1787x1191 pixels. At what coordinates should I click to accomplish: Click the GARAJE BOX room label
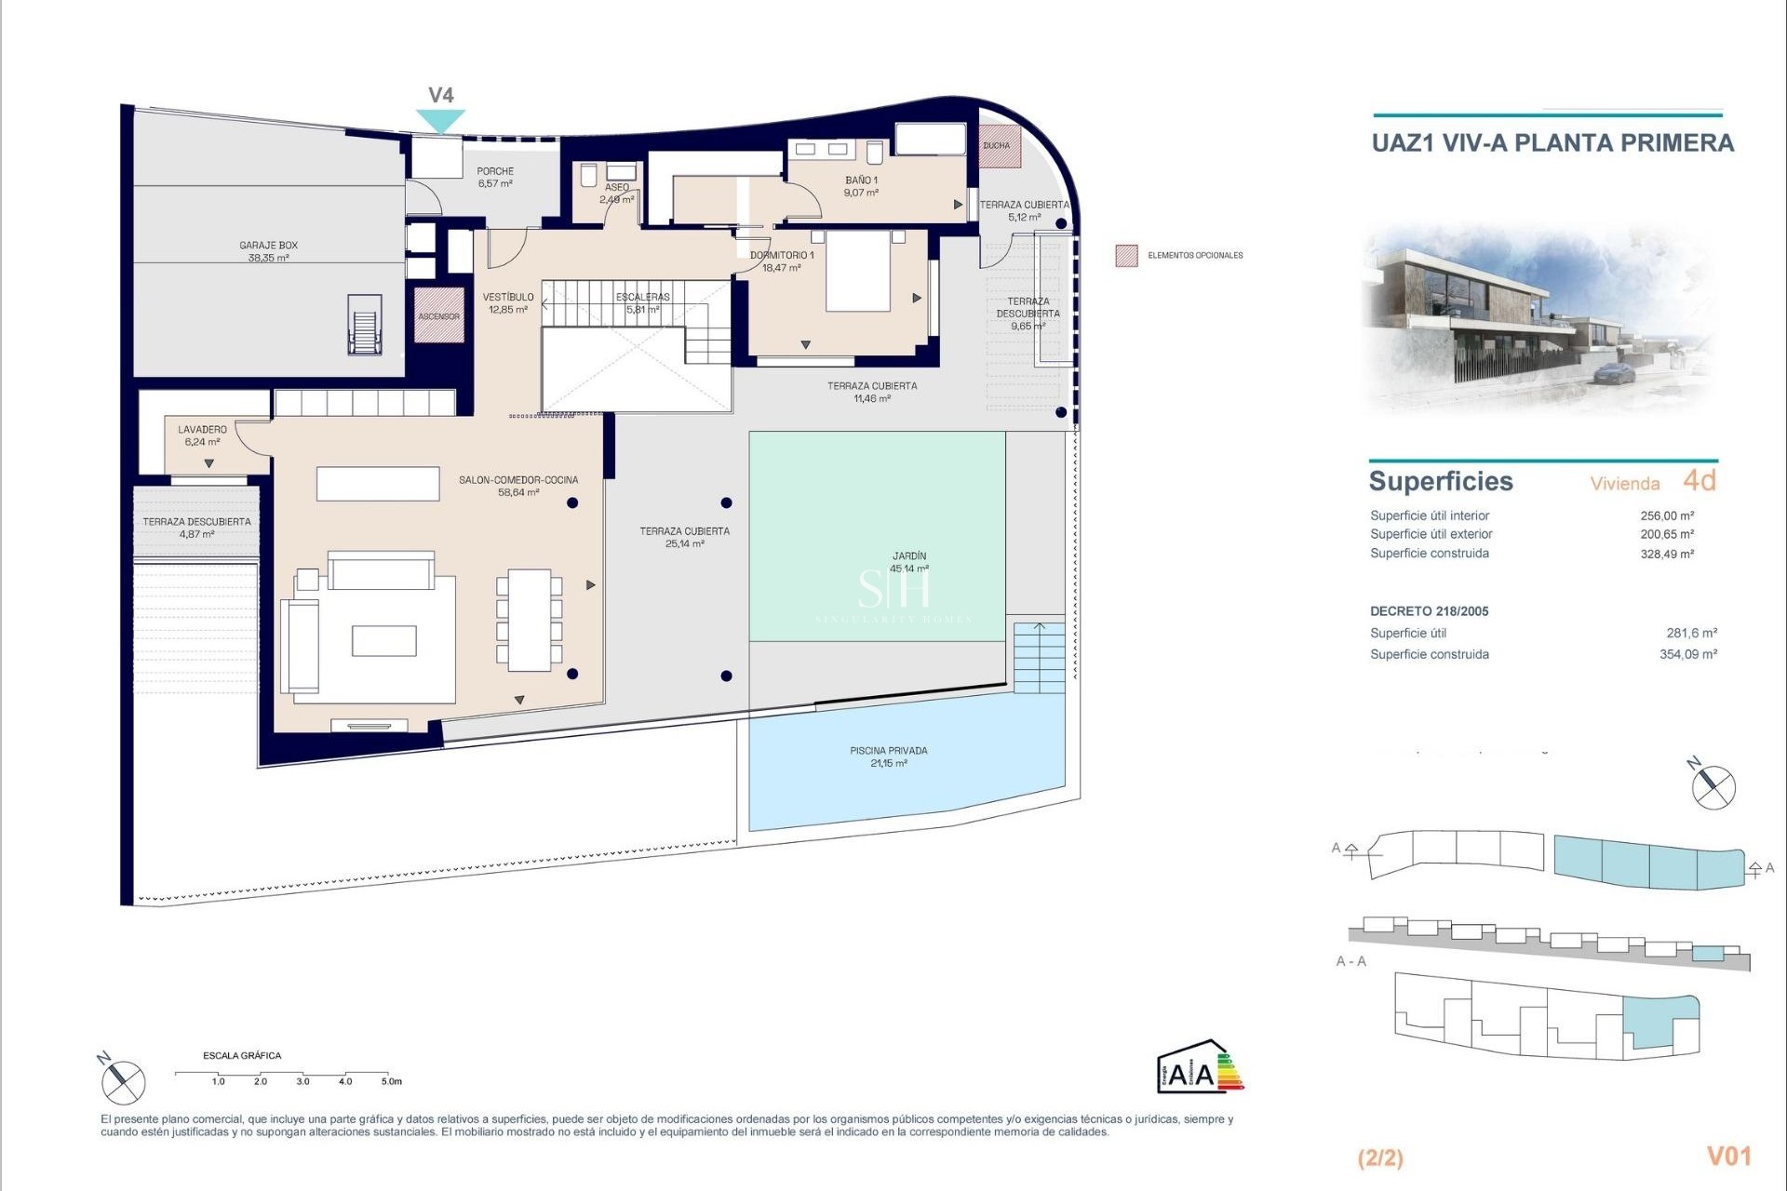pyautogui.click(x=268, y=251)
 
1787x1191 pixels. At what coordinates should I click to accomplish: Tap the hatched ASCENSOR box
pyautogui.click(x=438, y=315)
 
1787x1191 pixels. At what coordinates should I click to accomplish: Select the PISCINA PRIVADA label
pyautogui.click(x=888, y=756)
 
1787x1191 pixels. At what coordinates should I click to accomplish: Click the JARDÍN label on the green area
pyautogui.click(x=908, y=561)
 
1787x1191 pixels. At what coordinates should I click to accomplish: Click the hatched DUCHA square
pyautogui.click(x=1000, y=146)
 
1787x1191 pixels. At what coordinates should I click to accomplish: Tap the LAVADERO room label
pyautogui.click(x=202, y=435)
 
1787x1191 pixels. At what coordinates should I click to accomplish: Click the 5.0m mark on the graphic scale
pyautogui.click(x=391, y=1080)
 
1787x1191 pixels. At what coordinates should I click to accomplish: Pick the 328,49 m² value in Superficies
pyautogui.click(x=1666, y=554)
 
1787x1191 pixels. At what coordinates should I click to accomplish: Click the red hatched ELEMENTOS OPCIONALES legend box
pyautogui.click(x=1126, y=255)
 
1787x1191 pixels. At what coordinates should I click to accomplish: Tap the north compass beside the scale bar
pyautogui.click(x=123, y=1081)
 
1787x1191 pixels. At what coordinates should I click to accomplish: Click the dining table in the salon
pyautogui.click(x=529, y=620)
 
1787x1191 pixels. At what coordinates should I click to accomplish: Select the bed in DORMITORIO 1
pyautogui.click(x=858, y=272)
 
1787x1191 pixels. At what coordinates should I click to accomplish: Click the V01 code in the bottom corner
pyautogui.click(x=1728, y=1156)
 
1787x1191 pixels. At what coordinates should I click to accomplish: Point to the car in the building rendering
pyautogui.click(x=1614, y=373)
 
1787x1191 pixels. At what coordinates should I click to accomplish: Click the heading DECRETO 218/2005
pyautogui.click(x=1429, y=611)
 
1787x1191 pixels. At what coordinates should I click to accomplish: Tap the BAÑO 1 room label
pyautogui.click(x=861, y=186)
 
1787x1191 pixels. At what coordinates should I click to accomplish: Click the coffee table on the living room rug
pyautogui.click(x=383, y=640)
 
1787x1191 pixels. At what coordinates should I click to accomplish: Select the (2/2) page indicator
pyautogui.click(x=1380, y=1158)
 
